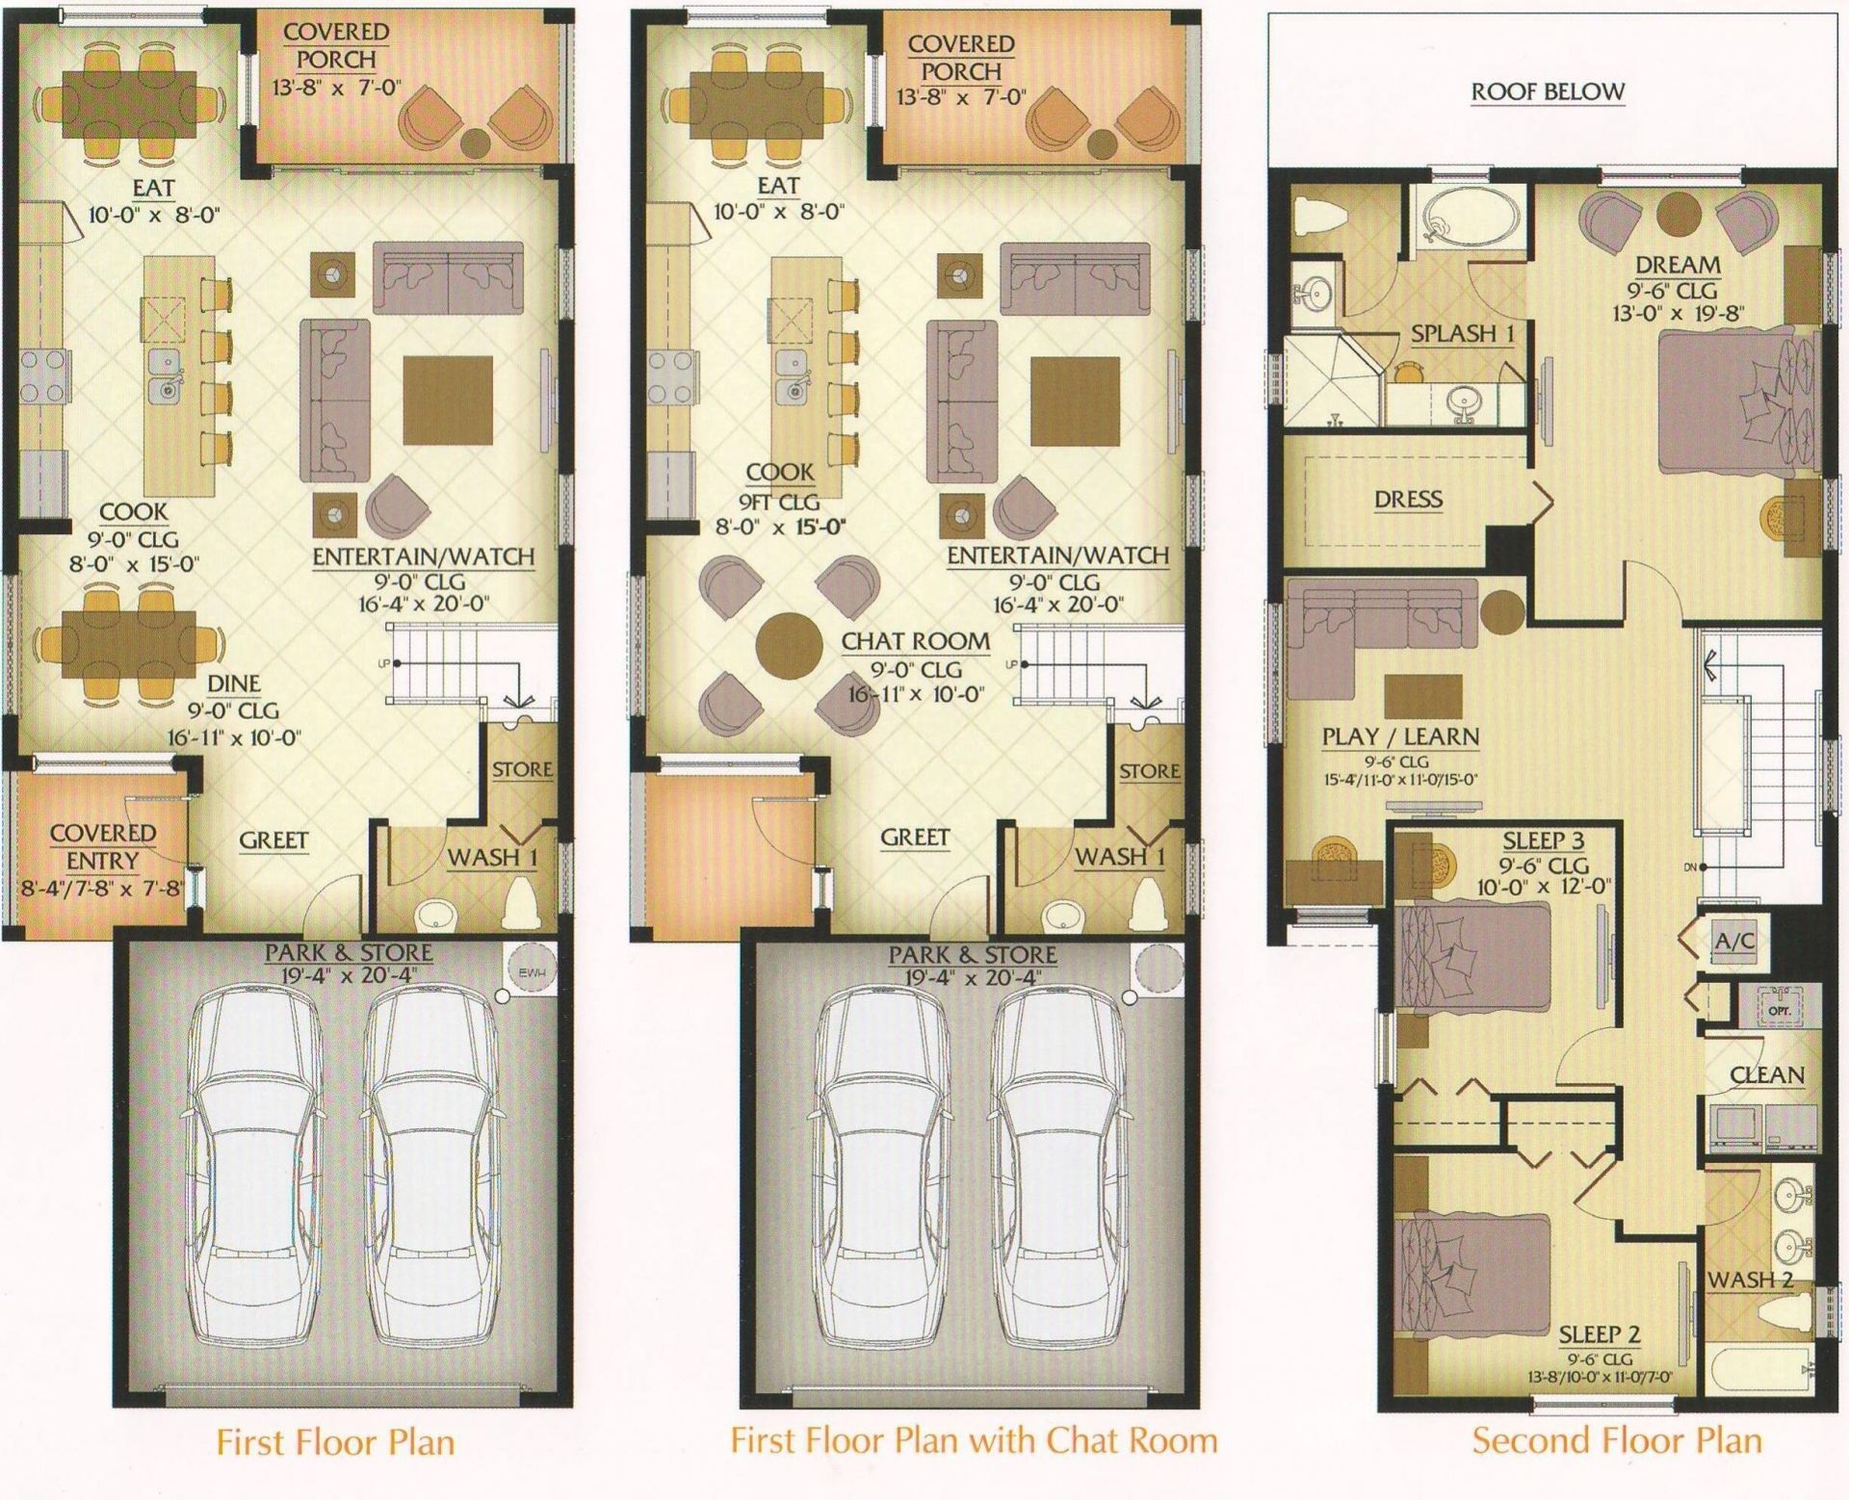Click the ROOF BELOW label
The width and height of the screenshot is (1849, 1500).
pyautogui.click(x=1548, y=92)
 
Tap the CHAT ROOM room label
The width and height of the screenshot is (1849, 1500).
pyautogui.click(x=915, y=641)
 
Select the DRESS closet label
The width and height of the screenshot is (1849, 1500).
pyautogui.click(x=1408, y=499)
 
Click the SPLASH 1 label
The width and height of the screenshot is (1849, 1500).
pyautogui.click(x=1462, y=334)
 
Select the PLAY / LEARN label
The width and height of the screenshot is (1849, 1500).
pyautogui.click(x=1400, y=737)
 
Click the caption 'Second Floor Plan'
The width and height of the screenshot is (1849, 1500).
pyautogui.click(x=1616, y=1440)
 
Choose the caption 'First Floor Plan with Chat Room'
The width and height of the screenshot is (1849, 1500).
pyautogui.click(x=974, y=1440)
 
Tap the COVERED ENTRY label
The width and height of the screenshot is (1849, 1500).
pyautogui.click(x=102, y=846)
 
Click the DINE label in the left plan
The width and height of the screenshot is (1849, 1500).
pyautogui.click(x=234, y=684)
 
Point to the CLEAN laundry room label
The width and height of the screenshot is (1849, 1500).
pyautogui.click(x=1766, y=1074)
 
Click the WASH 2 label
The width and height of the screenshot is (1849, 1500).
pyautogui.click(x=1750, y=1280)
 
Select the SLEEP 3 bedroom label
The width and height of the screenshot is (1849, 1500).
pyautogui.click(x=1543, y=841)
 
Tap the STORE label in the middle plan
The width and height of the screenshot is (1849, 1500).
pyautogui.click(x=1149, y=771)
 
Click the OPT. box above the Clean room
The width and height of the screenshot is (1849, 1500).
pyautogui.click(x=1778, y=1011)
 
